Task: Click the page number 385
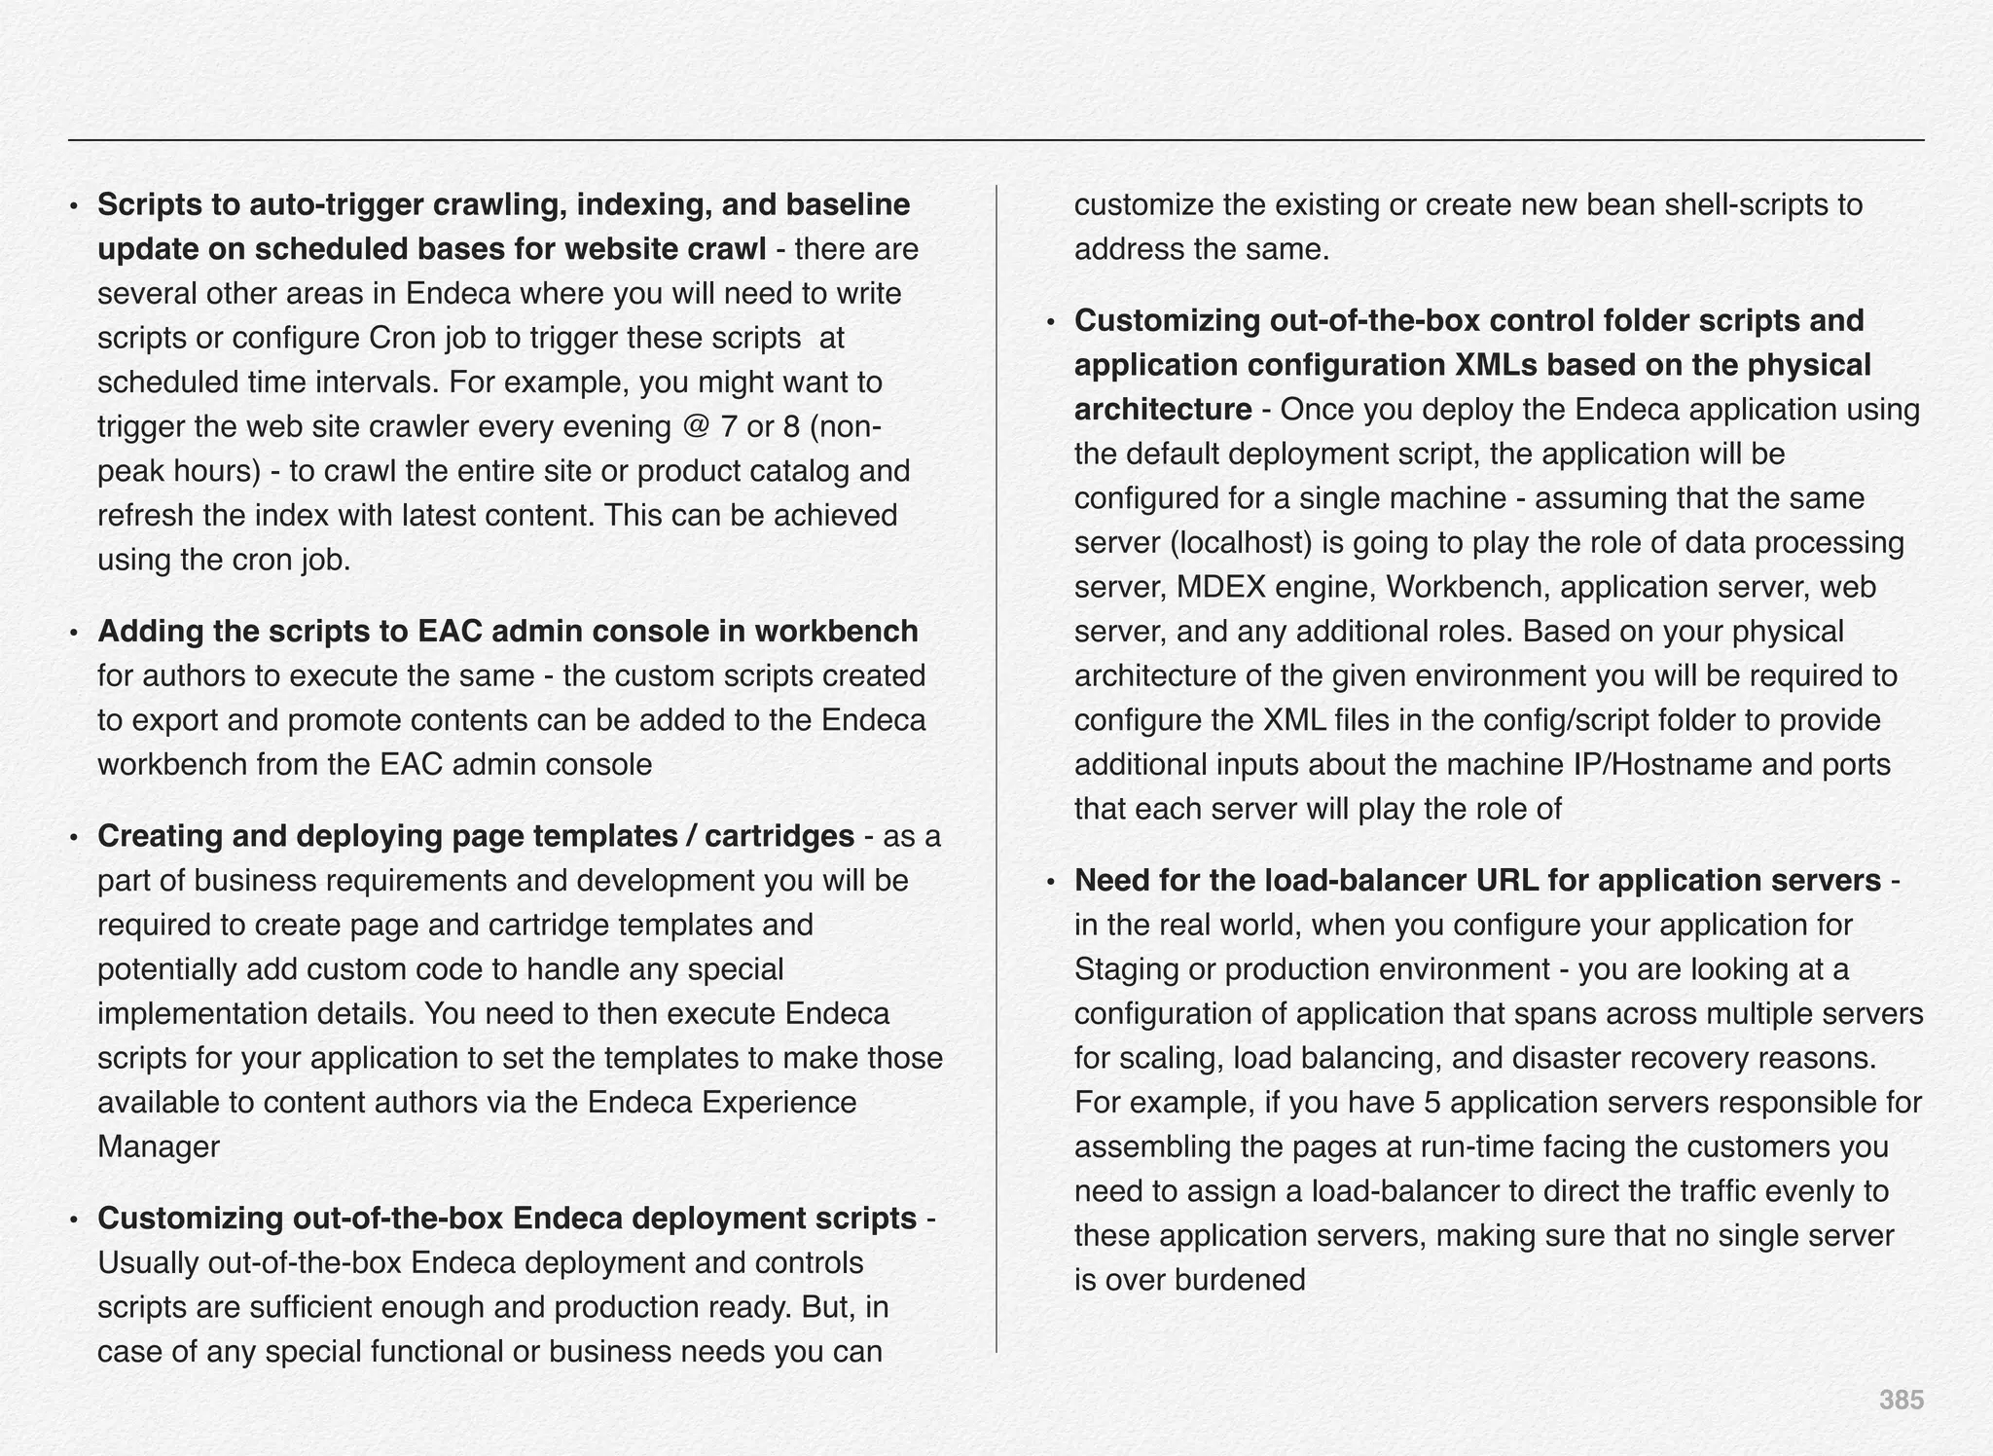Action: [1901, 1400]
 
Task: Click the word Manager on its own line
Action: [159, 1147]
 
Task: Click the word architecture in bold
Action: [1162, 410]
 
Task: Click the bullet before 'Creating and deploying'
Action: [73, 837]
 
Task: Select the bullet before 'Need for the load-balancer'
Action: [1050, 882]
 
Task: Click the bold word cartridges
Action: [779, 836]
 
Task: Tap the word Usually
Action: [149, 1262]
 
